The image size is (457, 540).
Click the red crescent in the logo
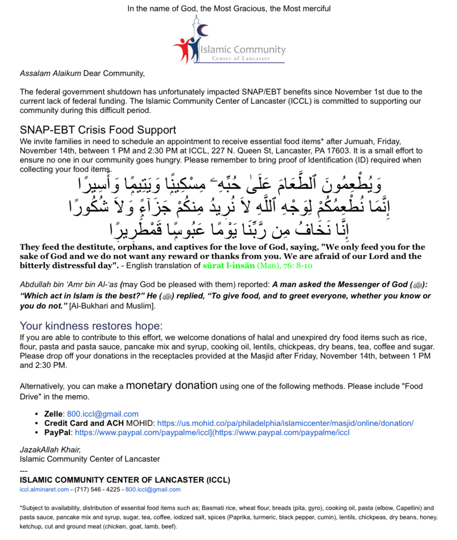(x=204, y=30)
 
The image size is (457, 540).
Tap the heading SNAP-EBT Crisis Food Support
(x=98, y=130)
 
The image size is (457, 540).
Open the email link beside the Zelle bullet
(x=103, y=414)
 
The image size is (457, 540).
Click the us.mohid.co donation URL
(x=285, y=424)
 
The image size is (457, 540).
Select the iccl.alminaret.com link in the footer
(x=44, y=490)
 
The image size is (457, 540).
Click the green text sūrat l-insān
(x=229, y=266)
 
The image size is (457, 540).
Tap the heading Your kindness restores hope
(x=91, y=326)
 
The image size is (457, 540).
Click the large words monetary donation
(x=172, y=386)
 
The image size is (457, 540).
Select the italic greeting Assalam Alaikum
(x=50, y=74)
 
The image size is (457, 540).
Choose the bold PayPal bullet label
(x=58, y=433)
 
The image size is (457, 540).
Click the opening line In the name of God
(x=229, y=8)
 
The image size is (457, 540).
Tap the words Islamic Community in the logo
(x=243, y=50)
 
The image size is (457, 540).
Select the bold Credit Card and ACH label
(x=84, y=424)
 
